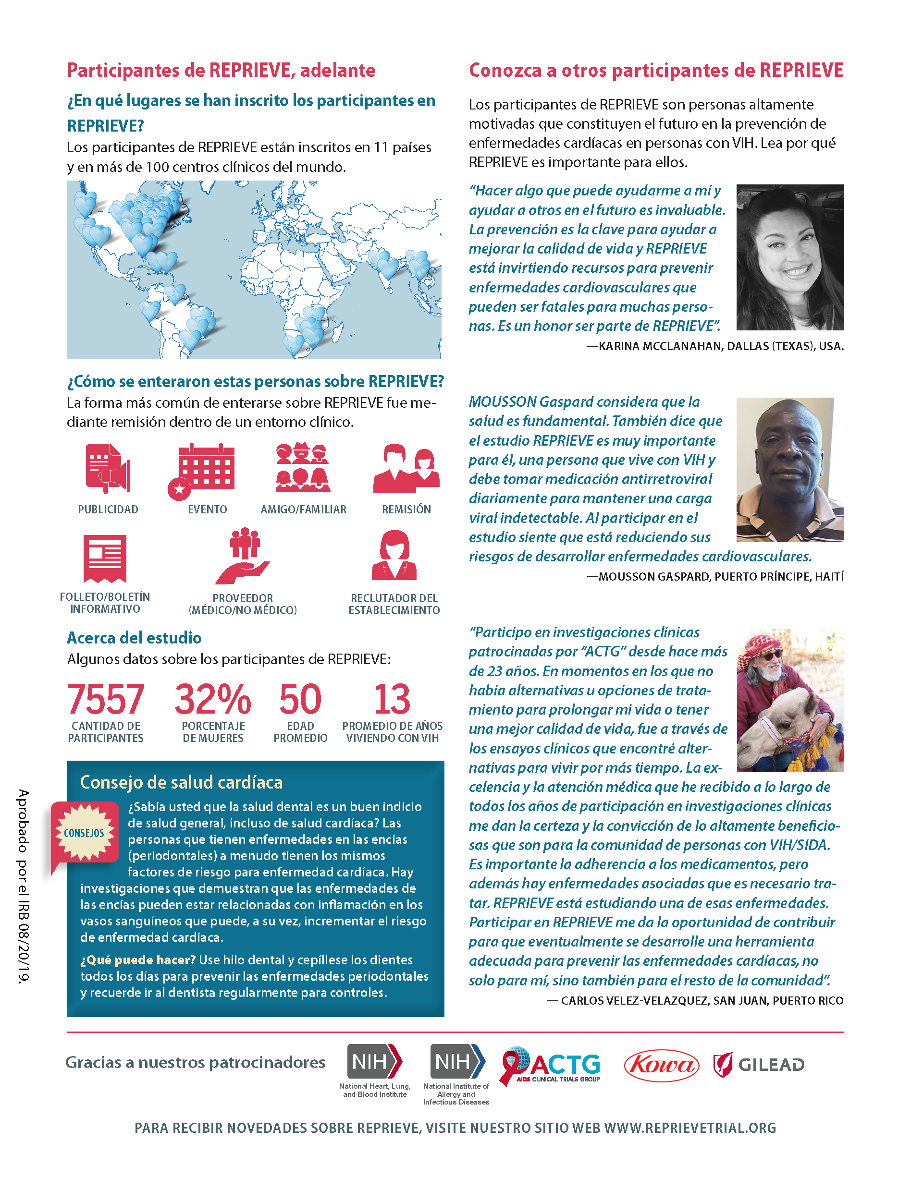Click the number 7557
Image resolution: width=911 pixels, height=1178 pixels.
(106, 699)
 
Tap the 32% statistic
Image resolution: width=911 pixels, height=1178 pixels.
(213, 699)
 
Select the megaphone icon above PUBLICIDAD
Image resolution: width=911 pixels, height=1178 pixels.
(108, 468)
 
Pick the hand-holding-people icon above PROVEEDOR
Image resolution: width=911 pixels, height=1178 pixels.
(243, 557)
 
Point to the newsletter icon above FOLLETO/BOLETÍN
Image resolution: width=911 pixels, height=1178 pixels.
(105, 558)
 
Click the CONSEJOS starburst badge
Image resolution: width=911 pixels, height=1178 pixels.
(84, 833)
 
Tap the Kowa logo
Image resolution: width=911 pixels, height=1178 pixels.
(661, 1065)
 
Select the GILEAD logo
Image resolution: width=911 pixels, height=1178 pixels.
(759, 1065)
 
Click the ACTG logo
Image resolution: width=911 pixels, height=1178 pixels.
(551, 1065)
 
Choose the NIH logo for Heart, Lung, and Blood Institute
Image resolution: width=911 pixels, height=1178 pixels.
(375, 1061)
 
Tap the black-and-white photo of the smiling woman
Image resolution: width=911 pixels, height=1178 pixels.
(789, 257)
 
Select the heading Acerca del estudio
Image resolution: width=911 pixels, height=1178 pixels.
(134, 638)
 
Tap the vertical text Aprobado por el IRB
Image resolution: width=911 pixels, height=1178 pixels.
(23, 885)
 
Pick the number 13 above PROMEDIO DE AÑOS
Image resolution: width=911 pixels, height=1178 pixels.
(393, 699)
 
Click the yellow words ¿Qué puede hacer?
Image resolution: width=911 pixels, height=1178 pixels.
(137, 960)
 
